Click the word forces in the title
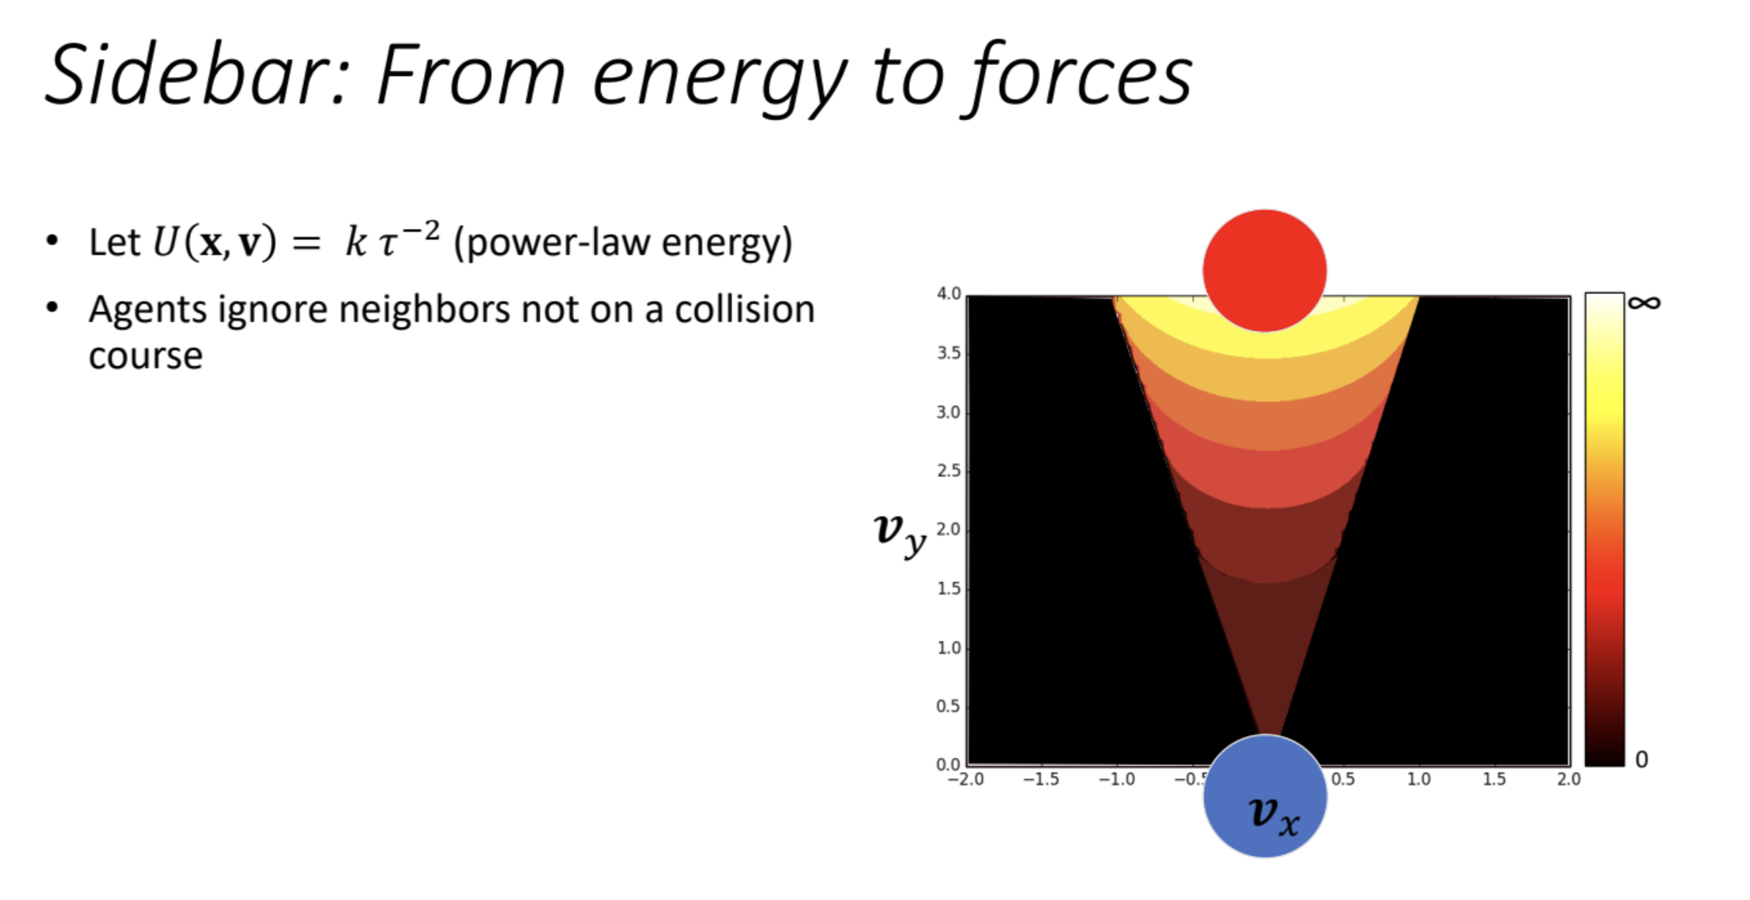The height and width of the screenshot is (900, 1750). tap(1079, 76)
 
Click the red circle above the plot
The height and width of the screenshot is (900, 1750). tap(1264, 271)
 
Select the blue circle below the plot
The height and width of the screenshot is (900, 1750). tap(1264, 796)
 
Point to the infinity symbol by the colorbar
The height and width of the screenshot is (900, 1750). tap(1644, 303)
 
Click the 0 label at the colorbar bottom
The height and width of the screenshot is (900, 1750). tap(1641, 759)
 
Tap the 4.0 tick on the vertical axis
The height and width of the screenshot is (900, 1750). tap(949, 294)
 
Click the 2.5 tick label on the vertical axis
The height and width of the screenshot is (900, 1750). tap(949, 471)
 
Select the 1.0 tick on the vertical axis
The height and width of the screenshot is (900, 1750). tap(949, 648)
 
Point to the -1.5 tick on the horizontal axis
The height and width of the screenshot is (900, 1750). tap(1041, 779)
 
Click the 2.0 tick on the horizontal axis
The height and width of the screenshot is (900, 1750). tap(1568, 779)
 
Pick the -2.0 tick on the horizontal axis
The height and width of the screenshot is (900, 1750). tap(966, 779)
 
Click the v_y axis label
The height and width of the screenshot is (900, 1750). tap(900, 534)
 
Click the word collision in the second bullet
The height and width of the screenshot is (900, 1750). tap(745, 310)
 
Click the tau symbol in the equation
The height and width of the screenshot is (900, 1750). tap(387, 244)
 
